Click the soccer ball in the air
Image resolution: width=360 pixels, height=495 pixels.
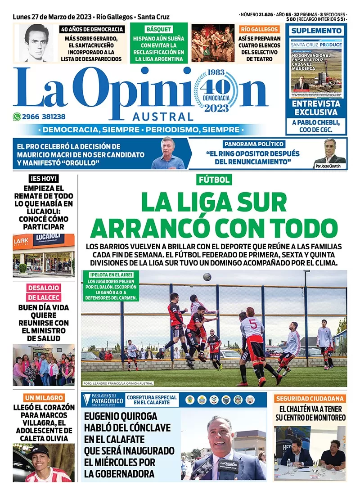click(207, 277)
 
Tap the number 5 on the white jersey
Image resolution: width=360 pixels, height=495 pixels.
click(253, 324)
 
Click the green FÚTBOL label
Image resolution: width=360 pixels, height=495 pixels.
click(215, 180)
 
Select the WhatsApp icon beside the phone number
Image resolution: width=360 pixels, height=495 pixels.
click(17, 117)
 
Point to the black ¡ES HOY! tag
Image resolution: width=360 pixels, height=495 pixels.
click(43, 179)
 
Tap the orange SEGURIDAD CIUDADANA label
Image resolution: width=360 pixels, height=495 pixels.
click(310, 398)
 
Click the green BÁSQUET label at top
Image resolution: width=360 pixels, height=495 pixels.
click(158, 29)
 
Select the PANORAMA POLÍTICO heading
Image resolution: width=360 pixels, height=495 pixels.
click(254, 144)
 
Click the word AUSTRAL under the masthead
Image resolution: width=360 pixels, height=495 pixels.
click(163, 117)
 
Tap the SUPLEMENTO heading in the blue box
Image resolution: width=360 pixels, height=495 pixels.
click(316, 31)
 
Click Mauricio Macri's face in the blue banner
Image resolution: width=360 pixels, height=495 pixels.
click(168, 150)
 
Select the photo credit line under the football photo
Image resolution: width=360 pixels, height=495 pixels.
click(118, 383)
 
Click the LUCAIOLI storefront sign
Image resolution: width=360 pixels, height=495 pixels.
click(48, 239)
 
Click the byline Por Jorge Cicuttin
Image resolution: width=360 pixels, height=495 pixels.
click(330, 166)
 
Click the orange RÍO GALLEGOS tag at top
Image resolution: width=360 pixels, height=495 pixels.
click(259, 29)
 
